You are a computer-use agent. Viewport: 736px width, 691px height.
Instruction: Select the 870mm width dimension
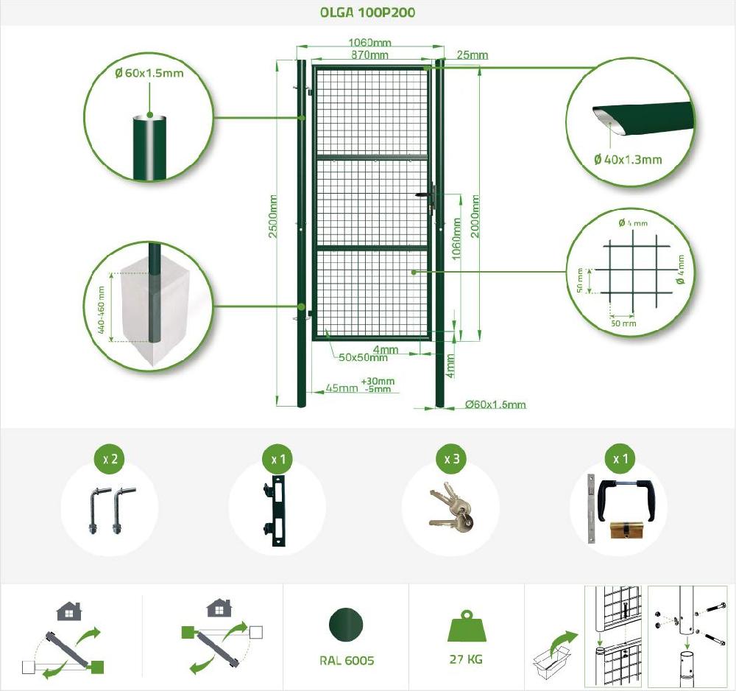click(x=370, y=55)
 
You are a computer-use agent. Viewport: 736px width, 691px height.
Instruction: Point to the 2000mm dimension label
click(x=475, y=216)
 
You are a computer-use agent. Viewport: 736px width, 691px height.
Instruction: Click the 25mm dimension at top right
click(x=472, y=55)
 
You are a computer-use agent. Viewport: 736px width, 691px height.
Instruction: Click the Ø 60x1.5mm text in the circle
click(x=149, y=73)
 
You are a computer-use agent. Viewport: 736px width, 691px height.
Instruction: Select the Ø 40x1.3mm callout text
click(x=627, y=159)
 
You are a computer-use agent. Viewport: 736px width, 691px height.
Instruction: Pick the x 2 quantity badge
click(x=110, y=459)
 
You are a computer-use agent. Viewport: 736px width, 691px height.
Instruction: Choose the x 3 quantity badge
click(x=452, y=459)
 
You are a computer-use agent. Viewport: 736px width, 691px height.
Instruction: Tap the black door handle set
click(x=625, y=493)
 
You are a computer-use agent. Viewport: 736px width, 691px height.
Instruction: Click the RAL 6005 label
click(x=346, y=660)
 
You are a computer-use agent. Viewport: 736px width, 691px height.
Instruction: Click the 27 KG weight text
click(x=466, y=659)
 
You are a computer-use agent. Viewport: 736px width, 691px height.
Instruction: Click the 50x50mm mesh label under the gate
click(x=363, y=358)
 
